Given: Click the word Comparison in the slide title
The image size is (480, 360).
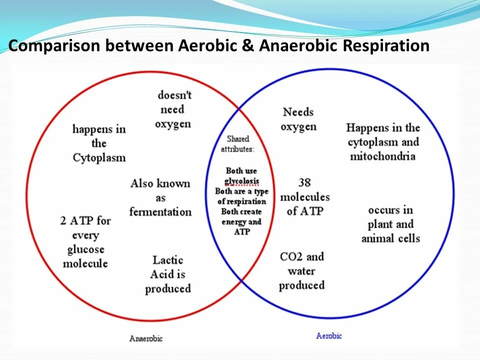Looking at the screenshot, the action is [54, 46].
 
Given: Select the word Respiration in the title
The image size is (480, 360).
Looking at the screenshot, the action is [385, 46].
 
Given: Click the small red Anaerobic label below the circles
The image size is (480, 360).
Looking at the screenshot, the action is [146, 338].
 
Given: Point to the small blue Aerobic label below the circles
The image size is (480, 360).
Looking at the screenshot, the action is [329, 335].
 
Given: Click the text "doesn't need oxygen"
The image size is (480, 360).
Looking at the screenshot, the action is [174, 109].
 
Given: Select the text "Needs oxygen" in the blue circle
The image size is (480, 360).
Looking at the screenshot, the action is [298, 119].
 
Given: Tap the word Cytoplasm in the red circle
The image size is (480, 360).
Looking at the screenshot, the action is [99, 158].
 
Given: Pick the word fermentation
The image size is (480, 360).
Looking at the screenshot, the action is [160, 211].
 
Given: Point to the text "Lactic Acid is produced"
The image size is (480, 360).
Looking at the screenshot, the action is [168, 274].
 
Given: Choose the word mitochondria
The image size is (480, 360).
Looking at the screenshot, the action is [382, 156].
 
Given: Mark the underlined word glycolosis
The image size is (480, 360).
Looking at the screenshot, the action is [242, 180].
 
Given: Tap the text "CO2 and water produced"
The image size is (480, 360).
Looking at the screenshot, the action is [301, 271].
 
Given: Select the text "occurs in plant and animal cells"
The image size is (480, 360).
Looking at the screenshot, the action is [390, 223].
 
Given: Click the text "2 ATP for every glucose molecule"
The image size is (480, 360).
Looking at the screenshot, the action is [85, 241].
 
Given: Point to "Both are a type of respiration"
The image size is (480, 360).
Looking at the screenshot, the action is [241, 196].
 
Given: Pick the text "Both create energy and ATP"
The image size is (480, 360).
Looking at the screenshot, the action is [241, 221].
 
